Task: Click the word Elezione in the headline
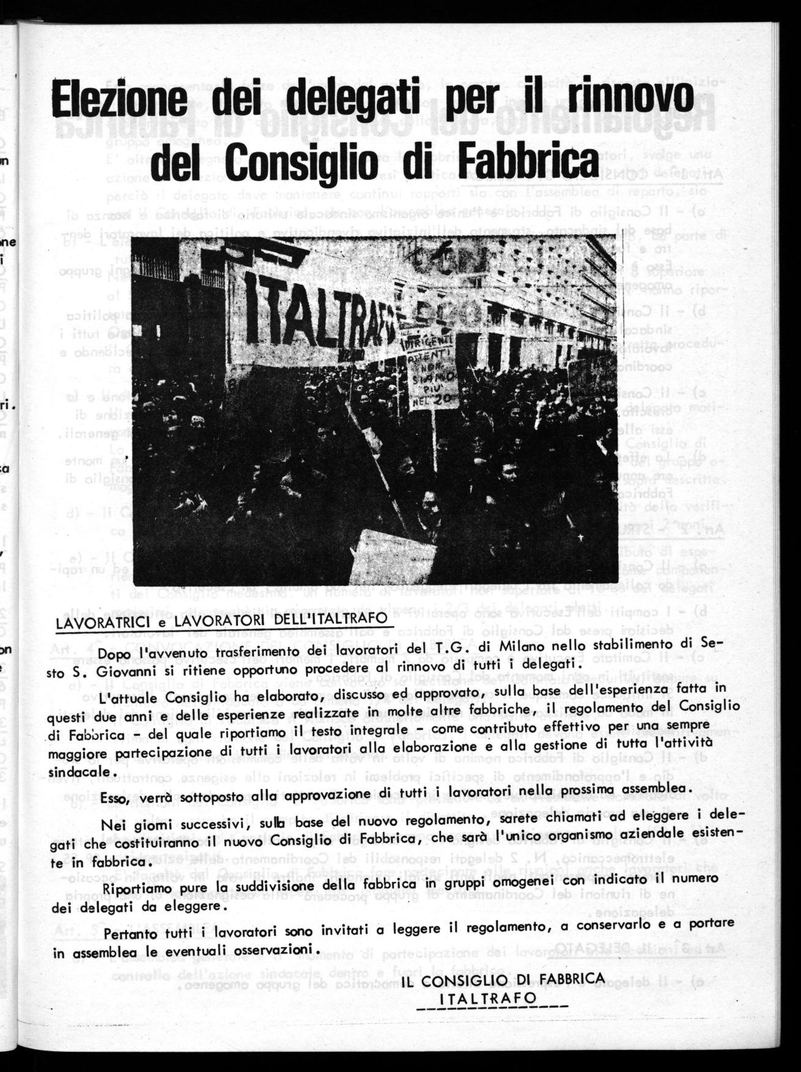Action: (x=122, y=99)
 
